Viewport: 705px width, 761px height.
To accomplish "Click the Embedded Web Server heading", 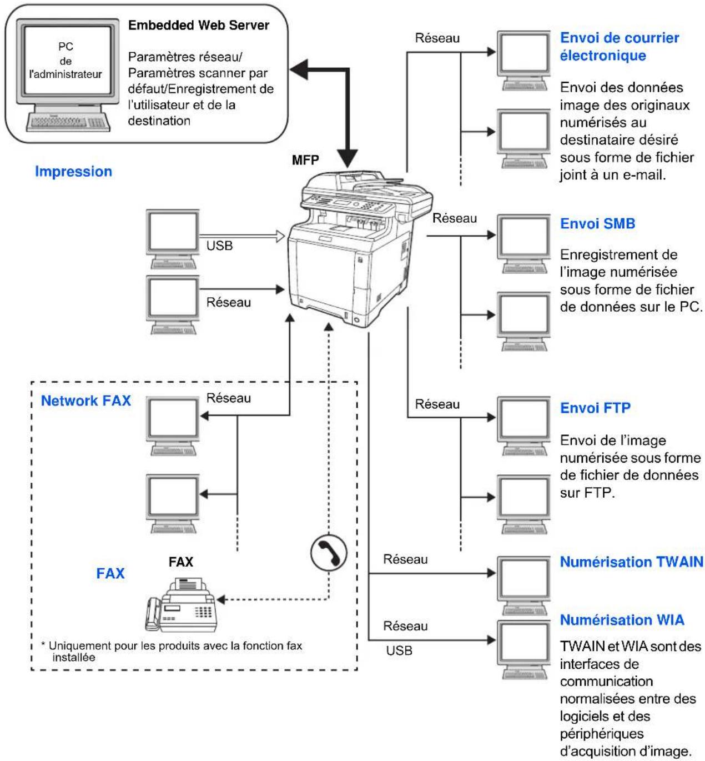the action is (198, 26).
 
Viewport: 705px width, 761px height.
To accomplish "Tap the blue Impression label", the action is (73, 171).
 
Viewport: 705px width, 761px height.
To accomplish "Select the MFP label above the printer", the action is (305, 160).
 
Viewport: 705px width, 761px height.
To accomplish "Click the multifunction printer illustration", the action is (360, 249).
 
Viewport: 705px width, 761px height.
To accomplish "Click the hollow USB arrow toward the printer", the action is (242, 236).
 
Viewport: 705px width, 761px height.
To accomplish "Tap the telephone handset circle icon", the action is (329, 553).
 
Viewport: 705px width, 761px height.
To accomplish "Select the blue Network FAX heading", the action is (86, 400).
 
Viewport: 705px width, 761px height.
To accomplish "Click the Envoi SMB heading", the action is (597, 223).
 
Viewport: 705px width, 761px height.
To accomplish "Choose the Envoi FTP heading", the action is (595, 408).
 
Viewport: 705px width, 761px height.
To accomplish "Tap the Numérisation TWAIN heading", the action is (632, 562).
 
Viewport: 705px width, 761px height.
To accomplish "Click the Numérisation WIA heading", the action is (622, 619).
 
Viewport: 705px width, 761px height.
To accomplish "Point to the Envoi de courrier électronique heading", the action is (620, 47).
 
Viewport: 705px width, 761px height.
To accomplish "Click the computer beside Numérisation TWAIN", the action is (524, 585).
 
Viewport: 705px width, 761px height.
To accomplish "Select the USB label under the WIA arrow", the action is (399, 650).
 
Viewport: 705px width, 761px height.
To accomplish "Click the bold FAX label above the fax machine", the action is (181, 562).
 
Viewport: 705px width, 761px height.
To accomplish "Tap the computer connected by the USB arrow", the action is (173, 239).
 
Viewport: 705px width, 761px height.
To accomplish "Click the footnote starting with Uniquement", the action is (172, 652).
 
